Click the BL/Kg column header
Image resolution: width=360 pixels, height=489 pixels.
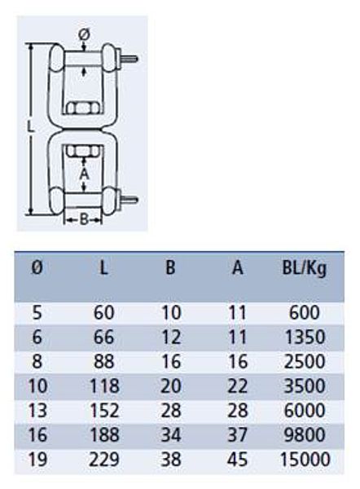[x=304, y=268]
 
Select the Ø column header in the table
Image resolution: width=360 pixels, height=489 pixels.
[x=37, y=267]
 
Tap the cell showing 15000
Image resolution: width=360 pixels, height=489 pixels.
[x=305, y=460]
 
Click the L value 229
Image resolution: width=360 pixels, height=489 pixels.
[x=104, y=460]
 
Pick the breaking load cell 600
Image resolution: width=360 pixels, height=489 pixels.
[x=304, y=312]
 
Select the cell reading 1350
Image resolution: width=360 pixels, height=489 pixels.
[x=305, y=337]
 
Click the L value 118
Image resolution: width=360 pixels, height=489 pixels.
[x=104, y=386]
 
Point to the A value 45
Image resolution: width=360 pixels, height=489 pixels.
[x=238, y=460]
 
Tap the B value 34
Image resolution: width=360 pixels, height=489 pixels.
[x=171, y=435]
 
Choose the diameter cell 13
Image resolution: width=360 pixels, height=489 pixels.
[x=37, y=411]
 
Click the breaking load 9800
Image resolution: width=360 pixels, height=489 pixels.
[x=305, y=435]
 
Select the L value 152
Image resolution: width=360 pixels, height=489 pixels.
[x=104, y=411]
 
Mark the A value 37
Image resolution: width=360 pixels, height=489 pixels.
[x=238, y=435]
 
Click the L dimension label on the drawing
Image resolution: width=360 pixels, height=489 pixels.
[x=29, y=127]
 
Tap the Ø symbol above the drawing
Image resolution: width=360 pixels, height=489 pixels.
[x=84, y=34]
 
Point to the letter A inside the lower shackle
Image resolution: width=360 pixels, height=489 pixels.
[x=84, y=174]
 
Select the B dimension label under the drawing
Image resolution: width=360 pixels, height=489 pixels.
[x=84, y=219]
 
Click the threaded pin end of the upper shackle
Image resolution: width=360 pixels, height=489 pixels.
[x=129, y=59]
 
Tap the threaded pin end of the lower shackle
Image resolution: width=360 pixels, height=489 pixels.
[x=129, y=200]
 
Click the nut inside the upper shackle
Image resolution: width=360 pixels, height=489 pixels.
[x=84, y=108]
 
